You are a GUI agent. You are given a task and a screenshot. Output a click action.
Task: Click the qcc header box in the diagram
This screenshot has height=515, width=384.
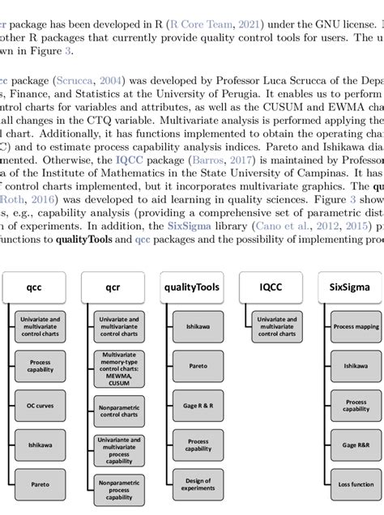[x=34, y=286]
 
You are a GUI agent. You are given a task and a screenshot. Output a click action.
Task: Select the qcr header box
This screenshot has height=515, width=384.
[x=112, y=286]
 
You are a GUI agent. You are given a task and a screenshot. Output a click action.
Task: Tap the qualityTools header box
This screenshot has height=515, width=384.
[x=191, y=286]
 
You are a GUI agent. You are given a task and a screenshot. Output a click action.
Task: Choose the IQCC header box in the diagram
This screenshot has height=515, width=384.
[x=271, y=286]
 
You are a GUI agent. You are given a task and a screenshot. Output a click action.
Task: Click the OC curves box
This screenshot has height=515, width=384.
[x=41, y=405]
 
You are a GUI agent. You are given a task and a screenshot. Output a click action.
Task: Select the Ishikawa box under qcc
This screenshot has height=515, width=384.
[x=41, y=445]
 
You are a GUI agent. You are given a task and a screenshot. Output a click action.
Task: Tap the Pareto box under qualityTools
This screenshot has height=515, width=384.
[x=198, y=365]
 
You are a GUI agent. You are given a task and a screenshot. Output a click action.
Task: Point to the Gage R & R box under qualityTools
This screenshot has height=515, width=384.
[x=198, y=405]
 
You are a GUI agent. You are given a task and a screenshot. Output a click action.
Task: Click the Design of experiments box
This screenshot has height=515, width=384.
[x=198, y=484]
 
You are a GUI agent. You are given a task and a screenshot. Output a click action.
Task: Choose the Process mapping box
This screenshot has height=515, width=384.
[x=356, y=326]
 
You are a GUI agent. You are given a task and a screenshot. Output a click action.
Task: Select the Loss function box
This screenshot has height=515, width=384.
[x=356, y=484]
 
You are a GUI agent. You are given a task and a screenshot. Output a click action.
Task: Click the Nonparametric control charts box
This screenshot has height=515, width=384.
[x=119, y=410]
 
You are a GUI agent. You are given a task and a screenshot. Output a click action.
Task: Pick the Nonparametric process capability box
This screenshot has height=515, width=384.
[x=119, y=489]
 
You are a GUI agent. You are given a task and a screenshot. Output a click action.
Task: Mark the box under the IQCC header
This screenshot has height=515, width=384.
[x=277, y=326]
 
